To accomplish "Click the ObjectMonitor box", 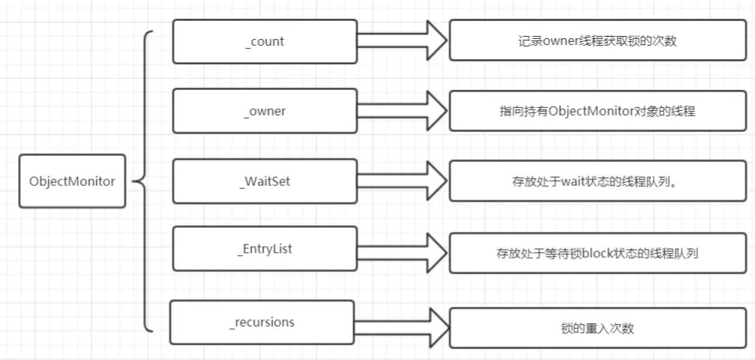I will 72,181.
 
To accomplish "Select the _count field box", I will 264,41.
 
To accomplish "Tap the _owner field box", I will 264,111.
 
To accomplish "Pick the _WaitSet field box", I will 264,181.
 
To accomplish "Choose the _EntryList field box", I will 264,248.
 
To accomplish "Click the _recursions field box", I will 261,322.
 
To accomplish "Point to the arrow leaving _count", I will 400,40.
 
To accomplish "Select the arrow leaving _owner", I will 400,111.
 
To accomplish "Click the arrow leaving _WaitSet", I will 400,181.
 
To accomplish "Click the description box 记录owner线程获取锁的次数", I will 597,41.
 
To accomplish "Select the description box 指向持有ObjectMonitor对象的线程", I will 597,111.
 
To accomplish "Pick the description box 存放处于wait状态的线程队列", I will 597,181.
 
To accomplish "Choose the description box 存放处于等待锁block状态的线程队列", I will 597,253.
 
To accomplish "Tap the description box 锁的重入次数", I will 597,327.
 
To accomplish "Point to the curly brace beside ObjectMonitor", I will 144,181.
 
